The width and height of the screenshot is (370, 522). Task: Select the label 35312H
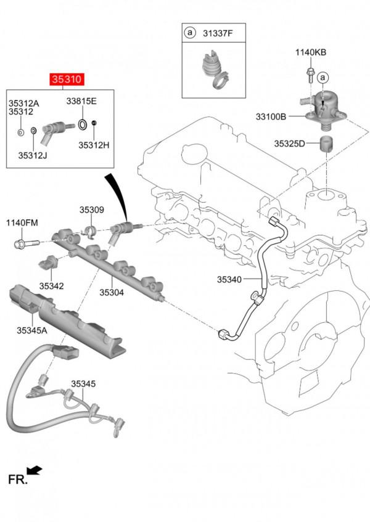click(x=93, y=145)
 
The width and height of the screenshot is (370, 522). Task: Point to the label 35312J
click(x=33, y=155)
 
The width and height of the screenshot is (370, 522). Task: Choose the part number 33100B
click(x=272, y=115)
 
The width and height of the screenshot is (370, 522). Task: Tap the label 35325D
click(x=289, y=144)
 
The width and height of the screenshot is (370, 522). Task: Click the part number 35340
click(x=229, y=279)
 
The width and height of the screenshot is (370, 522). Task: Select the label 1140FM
click(x=22, y=222)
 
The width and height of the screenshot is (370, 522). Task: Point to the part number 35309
click(x=91, y=210)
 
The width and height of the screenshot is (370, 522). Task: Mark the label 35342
click(x=52, y=286)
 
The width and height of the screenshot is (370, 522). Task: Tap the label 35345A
click(x=32, y=330)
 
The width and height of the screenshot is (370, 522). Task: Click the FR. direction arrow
click(x=35, y=471)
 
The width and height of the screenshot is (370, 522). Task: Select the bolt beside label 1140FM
click(x=24, y=242)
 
